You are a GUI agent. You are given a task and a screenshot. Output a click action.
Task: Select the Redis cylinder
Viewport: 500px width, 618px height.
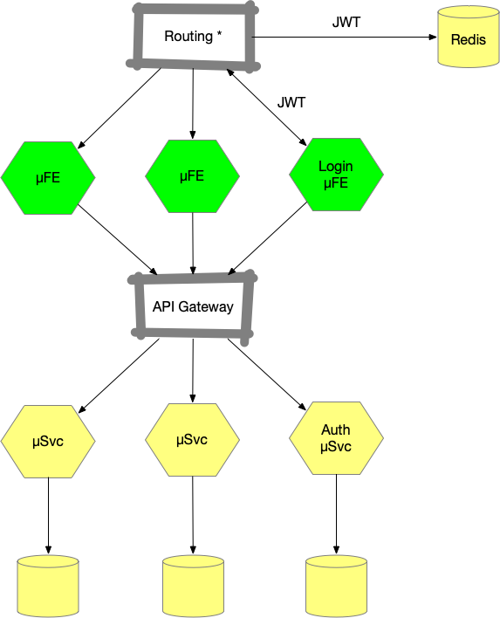tap(469, 37)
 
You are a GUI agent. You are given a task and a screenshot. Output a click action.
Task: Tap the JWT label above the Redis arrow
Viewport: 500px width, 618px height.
tap(346, 22)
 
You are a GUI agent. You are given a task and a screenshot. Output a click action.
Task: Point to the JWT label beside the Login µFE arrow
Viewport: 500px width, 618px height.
tap(291, 102)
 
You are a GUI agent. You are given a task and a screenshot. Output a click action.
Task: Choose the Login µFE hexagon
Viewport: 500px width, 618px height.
tap(336, 175)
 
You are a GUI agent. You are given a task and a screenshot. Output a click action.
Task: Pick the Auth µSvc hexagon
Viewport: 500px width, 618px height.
tap(336, 438)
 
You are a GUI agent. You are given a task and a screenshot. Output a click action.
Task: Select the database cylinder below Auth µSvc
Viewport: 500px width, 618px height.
tap(336, 586)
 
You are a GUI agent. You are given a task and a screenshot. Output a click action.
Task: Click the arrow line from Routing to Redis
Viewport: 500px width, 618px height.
tap(344, 37)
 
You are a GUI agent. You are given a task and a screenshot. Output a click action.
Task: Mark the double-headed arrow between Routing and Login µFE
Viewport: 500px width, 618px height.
tap(266, 107)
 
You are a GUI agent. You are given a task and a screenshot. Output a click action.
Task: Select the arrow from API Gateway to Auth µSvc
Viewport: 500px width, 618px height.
tap(267, 374)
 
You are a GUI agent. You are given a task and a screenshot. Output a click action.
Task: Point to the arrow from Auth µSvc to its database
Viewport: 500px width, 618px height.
tap(336, 514)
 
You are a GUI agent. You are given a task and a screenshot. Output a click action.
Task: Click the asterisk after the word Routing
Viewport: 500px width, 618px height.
tap(220, 33)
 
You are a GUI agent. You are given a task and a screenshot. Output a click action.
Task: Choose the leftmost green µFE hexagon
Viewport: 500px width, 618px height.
tap(48, 178)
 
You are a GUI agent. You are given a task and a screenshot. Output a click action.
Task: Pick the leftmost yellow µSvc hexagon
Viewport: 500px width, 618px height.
tap(48, 442)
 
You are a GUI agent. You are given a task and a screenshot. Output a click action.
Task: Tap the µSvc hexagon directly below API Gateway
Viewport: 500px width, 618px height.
tap(192, 439)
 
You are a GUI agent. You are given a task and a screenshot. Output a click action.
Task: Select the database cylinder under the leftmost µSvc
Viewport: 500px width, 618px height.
tap(48, 586)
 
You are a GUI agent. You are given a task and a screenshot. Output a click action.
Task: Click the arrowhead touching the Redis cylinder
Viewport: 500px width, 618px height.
tap(433, 37)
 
